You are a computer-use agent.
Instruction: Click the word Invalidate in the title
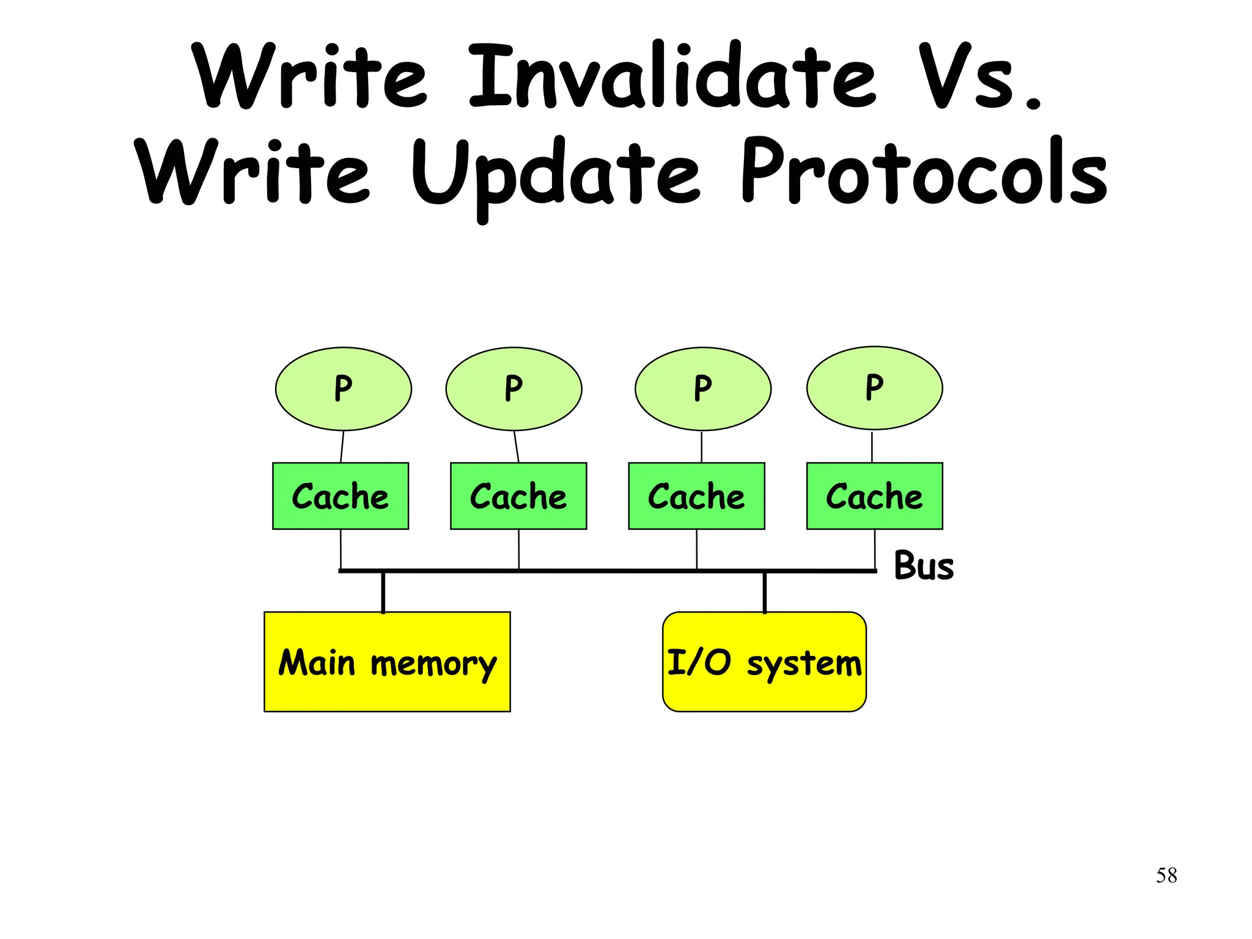click(x=672, y=76)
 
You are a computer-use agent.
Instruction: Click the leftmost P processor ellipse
click(x=343, y=389)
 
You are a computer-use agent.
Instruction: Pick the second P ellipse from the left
click(x=514, y=389)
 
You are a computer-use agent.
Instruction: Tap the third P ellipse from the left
click(x=702, y=389)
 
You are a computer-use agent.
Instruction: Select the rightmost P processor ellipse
click(x=874, y=388)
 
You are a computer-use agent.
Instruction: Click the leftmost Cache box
click(x=341, y=496)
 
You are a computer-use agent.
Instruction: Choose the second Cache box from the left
click(x=518, y=496)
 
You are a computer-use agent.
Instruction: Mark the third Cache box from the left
click(x=696, y=496)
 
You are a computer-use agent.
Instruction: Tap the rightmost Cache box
click(x=874, y=496)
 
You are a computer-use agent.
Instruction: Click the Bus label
click(x=923, y=565)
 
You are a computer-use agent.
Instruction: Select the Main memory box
click(x=387, y=662)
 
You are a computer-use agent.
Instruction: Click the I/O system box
click(x=764, y=662)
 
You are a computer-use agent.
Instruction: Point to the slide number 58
click(x=1166, y=875)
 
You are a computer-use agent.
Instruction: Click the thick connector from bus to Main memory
click(x=383, y=592)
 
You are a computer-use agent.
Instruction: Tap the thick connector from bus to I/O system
click(x=764, y=592)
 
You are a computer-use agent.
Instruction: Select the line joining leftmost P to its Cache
click(x=342, y=447)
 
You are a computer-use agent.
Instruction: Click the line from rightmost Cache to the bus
click(x=875, y=549)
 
